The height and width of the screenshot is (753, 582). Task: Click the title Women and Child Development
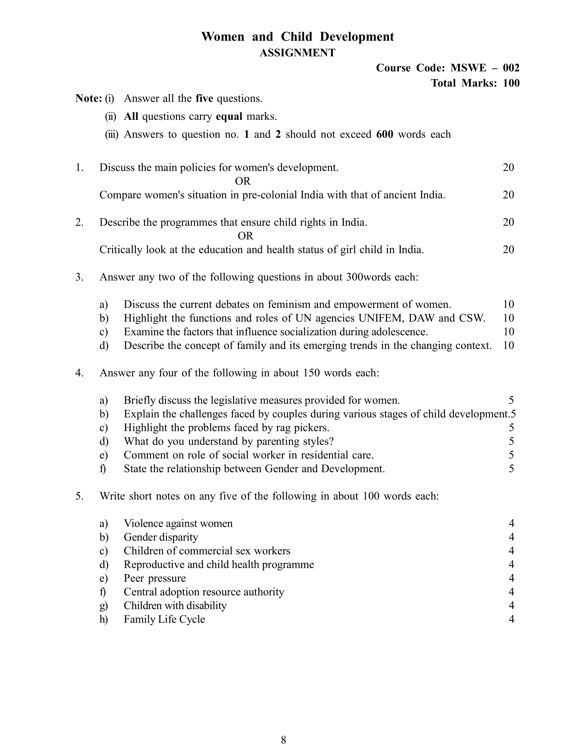pyautogui.click(x=297, y=37)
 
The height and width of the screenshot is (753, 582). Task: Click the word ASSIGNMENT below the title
pyautogui.click(x=297, y=53)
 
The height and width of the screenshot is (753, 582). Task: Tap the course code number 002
pyautogui.click(x=511, y=68)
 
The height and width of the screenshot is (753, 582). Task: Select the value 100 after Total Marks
pyautogui.click(x=511, y=83)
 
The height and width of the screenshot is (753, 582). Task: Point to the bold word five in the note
pyautogui.click(x=204, y=99)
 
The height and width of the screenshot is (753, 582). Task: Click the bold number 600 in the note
pyautogui.click(x=385, y=134)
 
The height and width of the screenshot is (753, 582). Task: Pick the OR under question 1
pyautogui.click(x=243, y=181)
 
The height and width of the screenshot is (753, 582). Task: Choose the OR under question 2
pyautogui.click(x=245, y=236)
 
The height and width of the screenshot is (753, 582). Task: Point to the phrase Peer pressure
pyautogui.click(x=154, y=578)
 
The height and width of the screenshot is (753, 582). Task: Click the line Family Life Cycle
pyautogui.click(x=164, y=619)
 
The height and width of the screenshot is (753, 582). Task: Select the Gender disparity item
pyautogui.click(x=161, y=537)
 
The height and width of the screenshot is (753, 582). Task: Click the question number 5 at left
pyautogui.click(x=79, y=496)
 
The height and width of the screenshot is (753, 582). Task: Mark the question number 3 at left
pyautogui.click(x=79, y=277)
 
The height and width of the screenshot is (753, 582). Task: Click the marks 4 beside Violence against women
pyautogui.click(x=511, y=524)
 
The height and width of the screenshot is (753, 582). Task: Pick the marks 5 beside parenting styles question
pyautogui.click(x=511, y=442)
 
